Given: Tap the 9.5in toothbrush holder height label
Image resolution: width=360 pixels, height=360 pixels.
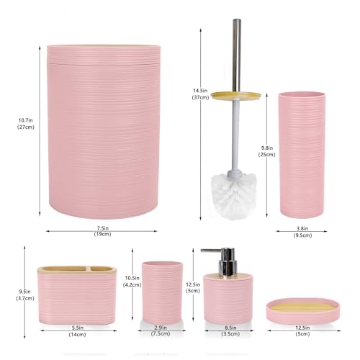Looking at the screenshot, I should tap(23, 295).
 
